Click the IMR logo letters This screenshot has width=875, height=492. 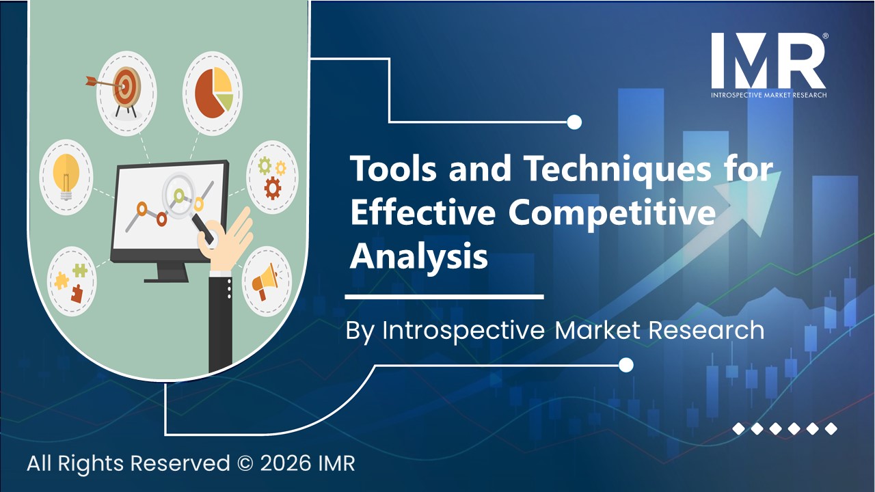[768, 61]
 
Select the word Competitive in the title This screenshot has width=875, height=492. [612, 214]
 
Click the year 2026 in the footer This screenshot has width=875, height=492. [286, 463]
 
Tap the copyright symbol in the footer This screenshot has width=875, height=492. [245, 463]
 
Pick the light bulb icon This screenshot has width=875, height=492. [66, 176]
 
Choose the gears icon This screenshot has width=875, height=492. [272, 177]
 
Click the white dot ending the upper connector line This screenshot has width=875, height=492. [574, 122]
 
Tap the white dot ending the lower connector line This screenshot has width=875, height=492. [625, 365]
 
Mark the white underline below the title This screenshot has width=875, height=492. [444, 297]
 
